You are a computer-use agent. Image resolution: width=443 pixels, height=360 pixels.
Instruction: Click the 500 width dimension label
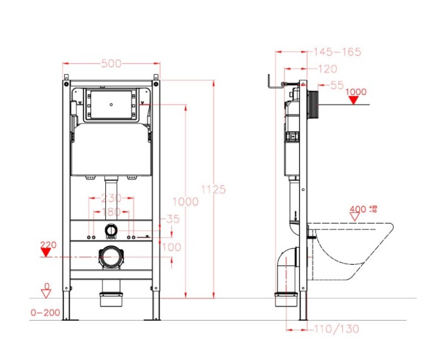click(111, 64)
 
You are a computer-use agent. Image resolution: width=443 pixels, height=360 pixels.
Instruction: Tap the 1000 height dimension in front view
click(186, 202)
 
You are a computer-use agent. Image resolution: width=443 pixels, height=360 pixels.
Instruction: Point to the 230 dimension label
click(112, 198)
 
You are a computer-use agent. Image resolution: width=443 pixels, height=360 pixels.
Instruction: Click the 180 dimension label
click(112, 212)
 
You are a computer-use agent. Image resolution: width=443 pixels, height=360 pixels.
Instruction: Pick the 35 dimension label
click(172, 219)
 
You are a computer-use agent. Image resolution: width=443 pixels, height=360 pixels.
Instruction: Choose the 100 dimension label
click(172, 247)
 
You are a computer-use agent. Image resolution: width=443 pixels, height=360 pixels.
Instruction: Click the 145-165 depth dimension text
click(337, 52)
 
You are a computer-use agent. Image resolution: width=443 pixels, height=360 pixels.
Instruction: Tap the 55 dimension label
click(336, 85)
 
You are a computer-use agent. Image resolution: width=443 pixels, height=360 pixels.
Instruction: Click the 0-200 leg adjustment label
click(45, 313)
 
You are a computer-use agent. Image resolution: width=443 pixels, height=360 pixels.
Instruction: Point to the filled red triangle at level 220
click(48, 252)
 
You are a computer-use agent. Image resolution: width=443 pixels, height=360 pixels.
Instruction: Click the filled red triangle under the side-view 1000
click(355, 100)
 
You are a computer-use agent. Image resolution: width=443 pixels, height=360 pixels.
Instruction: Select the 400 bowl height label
click(358, 209)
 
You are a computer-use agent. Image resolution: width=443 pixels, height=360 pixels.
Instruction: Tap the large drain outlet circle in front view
click(112, 258)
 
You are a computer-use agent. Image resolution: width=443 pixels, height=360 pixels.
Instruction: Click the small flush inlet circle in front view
click(111, 229)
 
